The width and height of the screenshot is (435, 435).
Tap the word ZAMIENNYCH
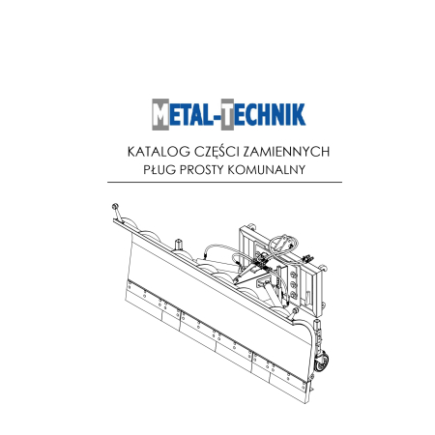286,152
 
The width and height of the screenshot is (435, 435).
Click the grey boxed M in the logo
160,114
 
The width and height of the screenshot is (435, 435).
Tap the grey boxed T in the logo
227,114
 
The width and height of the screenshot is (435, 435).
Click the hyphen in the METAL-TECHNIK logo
217,118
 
